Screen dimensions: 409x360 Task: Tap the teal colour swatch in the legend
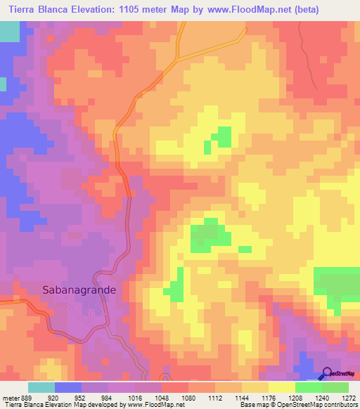pyautogui.click(x=41, y=387)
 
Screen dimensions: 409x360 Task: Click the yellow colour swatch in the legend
pyautogui.click(x=281, y=387)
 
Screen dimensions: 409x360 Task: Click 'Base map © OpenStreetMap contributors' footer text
pyautogui.click(x=297, y=404)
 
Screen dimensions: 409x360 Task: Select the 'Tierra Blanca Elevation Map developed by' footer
pyautogui.click(x=63, y=404)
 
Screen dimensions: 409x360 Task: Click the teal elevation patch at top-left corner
pyautogui.click(x=10, y=32)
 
